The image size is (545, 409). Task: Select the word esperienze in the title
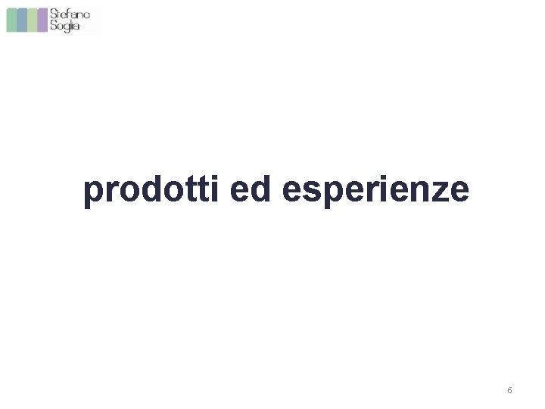[375, 191]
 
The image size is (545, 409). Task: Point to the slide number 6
[509, 390]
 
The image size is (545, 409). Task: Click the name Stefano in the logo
[70, 14]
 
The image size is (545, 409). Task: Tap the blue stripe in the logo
[22, 20]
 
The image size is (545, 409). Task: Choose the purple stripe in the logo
[42, 20]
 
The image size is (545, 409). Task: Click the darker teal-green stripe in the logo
[12, 20]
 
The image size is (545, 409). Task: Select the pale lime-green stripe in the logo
[32, 20]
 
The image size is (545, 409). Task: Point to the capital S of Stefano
[54, 14]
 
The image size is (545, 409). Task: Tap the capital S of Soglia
[54, 26]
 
